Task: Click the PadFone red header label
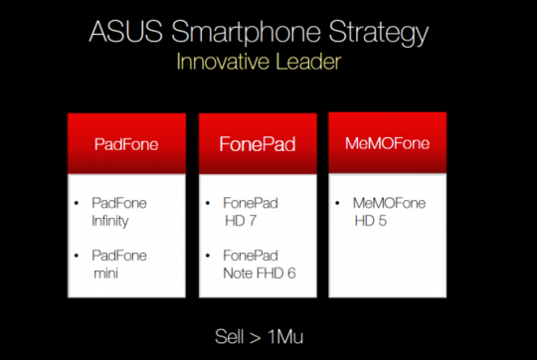(x=126, y=143)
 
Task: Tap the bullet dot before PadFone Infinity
(x=78, y=202)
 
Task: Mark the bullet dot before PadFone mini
(x=78, y=256)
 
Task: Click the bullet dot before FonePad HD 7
(x=210, y=202)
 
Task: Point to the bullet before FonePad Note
(x=210, y=256)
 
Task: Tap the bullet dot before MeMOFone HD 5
(x=340, y=202)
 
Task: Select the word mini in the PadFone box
(x=105, y=271)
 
